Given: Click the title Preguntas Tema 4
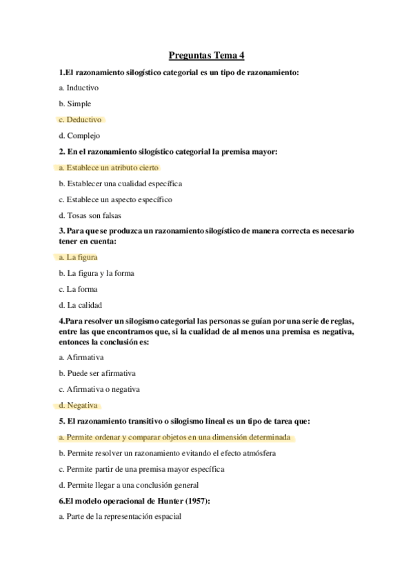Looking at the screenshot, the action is click(x=206, y=56).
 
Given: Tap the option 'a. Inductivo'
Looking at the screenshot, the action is click(x=79, y=88).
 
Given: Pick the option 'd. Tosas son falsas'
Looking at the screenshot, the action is click(x=90, y=215).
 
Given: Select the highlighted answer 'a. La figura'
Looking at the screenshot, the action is click(x=78, y=257).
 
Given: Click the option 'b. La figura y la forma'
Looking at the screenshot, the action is click(x=97, y=273).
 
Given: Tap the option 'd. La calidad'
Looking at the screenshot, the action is click(x=80, y=305).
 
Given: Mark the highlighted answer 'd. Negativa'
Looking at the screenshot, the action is click(x=78, y=405).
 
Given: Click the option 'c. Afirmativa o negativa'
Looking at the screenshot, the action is click(x=99, y=389).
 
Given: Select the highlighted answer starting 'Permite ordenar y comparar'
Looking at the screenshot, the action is click(x=174, y=437).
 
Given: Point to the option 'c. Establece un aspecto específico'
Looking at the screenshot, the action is click(x=115, y=199).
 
